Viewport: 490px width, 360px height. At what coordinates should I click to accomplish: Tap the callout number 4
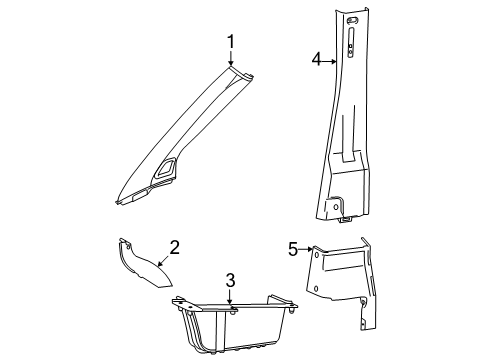316,61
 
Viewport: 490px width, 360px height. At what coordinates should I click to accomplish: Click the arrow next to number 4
329,61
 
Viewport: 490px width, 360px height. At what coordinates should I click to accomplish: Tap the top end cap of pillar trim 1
238,70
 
